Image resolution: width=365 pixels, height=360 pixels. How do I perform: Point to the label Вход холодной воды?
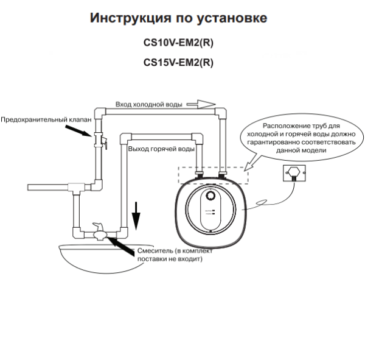[x=149, y=105]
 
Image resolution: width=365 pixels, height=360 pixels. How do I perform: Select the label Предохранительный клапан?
[x=46, y=120]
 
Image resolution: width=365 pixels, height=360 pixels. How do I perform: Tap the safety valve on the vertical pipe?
[x=99, y=142]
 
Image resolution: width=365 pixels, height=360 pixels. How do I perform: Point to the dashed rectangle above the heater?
[x=212, y=175]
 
